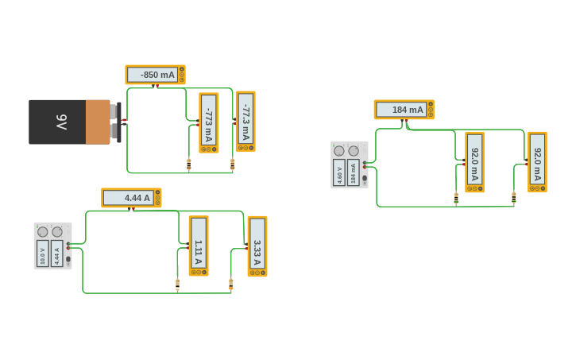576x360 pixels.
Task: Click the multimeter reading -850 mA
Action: click(155, 75)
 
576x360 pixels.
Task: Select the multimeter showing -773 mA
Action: click(208, 122)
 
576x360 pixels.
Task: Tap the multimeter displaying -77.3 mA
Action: click(245, 121)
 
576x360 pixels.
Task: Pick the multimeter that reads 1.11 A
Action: click(198, 246)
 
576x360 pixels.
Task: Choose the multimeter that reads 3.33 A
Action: click(257, 246)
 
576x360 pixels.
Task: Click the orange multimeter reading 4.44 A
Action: click(131, 198)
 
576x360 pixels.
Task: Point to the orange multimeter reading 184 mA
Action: click(404, 110)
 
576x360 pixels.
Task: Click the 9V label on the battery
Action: click(61, 122)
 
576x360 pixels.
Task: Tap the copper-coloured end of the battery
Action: click(98, 122)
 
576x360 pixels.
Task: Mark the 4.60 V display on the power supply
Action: click(339, 172)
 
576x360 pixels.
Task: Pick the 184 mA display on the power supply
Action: click(354, 172)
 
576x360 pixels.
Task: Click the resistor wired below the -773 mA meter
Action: click(189, 164)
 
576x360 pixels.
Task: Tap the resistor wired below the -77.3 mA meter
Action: click(232, 164)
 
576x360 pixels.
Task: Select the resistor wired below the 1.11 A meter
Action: click(177, 284)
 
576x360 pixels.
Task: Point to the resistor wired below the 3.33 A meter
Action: click(230, 284)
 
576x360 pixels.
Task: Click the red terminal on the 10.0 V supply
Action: click(69, 248)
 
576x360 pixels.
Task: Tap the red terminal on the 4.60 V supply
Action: click(365, 167)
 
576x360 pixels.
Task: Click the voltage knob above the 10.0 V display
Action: click(43, 232)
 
